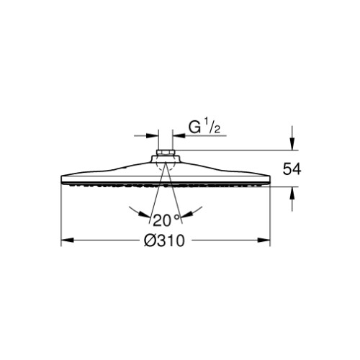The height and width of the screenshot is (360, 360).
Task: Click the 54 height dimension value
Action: point(292,168)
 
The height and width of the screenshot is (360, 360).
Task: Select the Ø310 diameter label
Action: point(164,240)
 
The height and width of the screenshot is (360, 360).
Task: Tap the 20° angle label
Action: point(166,220)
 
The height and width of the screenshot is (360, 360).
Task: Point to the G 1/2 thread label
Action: point(204,127)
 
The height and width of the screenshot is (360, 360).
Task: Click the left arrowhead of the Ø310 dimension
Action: point(67,240)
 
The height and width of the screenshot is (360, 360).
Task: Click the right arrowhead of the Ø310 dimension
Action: point(264,240)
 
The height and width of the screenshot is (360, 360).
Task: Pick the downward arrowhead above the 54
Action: point(292,144)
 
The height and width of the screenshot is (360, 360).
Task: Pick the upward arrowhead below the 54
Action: point(292,193)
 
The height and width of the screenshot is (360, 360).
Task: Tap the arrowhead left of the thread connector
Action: point(152,135)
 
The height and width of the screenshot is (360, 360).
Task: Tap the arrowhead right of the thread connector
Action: point(179,135)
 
